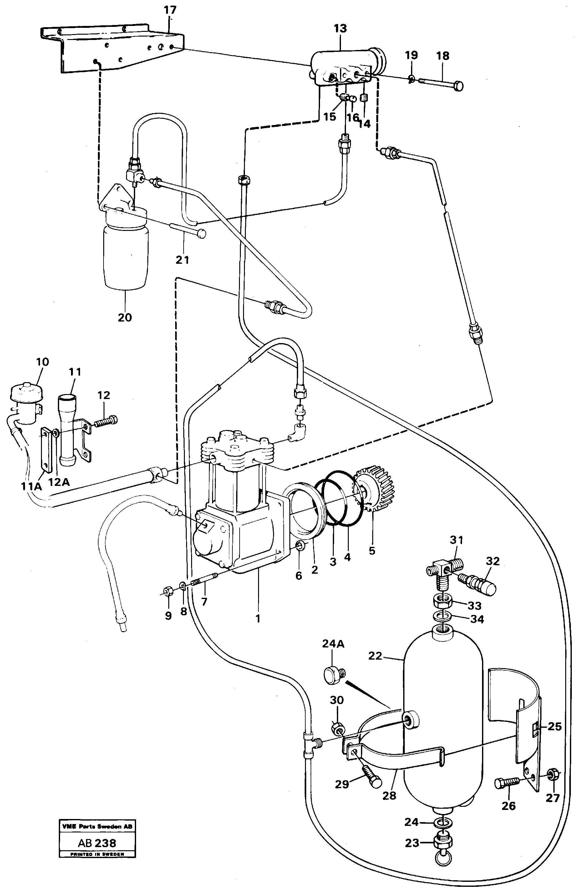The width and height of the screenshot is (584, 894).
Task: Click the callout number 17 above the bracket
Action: tap(170, 10)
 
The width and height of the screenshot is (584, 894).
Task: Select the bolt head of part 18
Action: tap(458, 86)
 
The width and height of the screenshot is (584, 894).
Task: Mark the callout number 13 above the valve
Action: tap(340, 28)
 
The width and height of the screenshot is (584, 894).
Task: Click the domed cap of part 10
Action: tap(26, 391)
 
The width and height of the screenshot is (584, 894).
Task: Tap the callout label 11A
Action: tap(31, 486)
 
